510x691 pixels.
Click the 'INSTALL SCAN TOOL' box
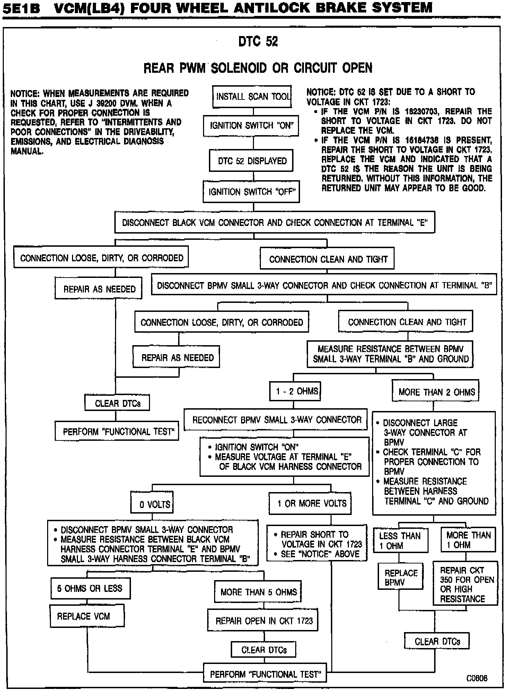click(x=252, y=97)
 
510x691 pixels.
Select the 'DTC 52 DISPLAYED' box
click(x=251, y=161)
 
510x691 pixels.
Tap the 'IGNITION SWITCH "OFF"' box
click(x=251, y=192)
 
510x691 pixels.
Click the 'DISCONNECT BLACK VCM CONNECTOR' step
click(x=274, y=222)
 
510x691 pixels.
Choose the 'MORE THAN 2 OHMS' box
click(x=436, y=392)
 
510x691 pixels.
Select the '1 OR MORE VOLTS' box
click(x=310, y=504)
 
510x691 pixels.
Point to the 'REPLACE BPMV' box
click(x=400, y=578)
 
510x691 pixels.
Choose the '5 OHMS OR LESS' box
click(x=90, y=588)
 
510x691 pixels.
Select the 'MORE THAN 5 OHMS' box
click(x=258, y=592)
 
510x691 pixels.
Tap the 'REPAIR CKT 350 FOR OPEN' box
click(x=465, y=585)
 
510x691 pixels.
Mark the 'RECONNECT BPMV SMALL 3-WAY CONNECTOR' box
click(x=275, y=420)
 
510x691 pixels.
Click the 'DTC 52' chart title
click(x=258, y=42)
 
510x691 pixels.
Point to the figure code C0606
click(x=477, y=678)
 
